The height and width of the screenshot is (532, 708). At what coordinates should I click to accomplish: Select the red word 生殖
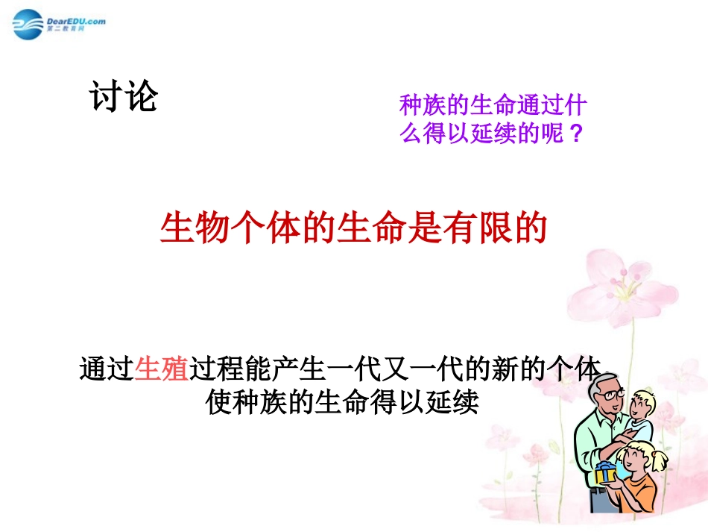point(162,369)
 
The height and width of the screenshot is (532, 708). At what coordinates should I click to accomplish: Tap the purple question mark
point(574,135)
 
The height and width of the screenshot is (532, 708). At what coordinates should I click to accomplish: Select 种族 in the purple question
point(423,105)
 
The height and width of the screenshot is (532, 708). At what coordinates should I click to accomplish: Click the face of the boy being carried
point(641,407)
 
